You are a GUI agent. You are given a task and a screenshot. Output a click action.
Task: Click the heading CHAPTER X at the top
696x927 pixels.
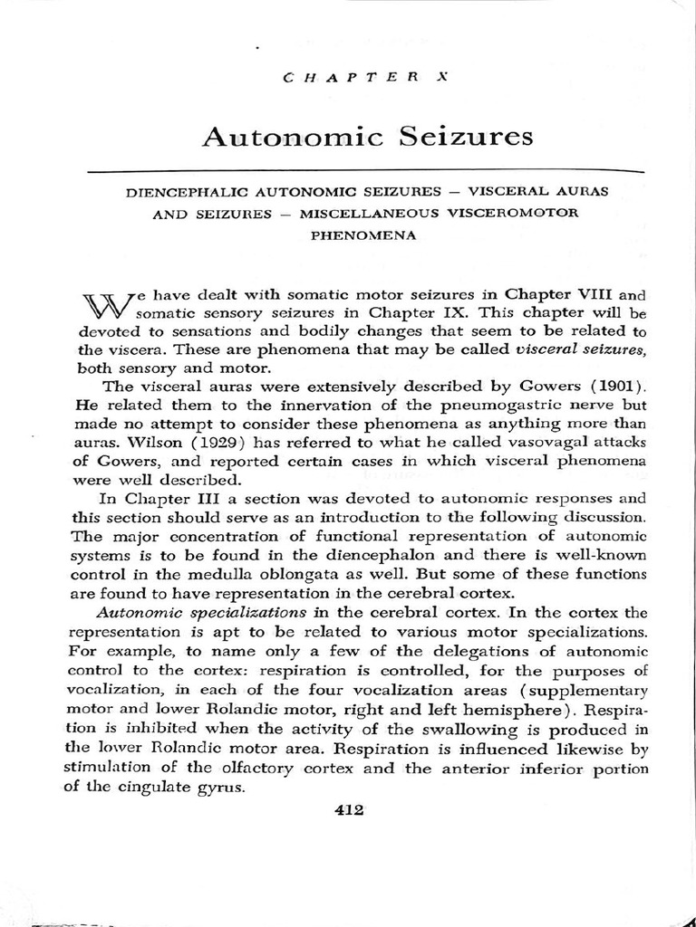point(367,79)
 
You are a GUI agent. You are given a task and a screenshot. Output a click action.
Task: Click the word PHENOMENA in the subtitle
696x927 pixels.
point(363,234)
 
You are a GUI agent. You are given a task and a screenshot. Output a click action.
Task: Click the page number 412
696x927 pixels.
point(349,810)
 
